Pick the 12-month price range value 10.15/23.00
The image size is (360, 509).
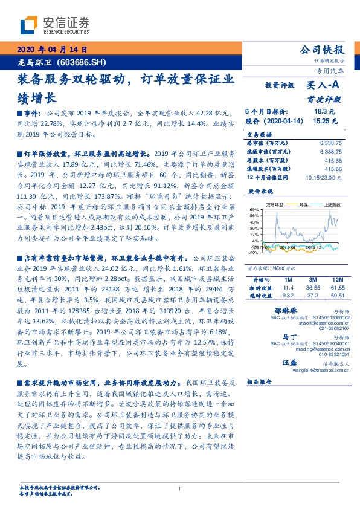point(323,178)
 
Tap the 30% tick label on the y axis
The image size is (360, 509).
point(254,227)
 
